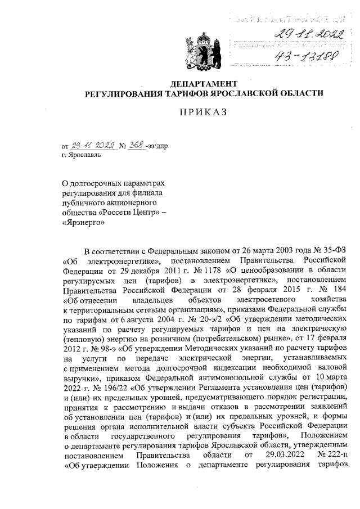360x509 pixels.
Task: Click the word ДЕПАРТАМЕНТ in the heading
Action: coord(204,82)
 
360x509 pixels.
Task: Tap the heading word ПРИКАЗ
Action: coord(203,112)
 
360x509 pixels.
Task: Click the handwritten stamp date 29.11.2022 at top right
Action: coord(309,35)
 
